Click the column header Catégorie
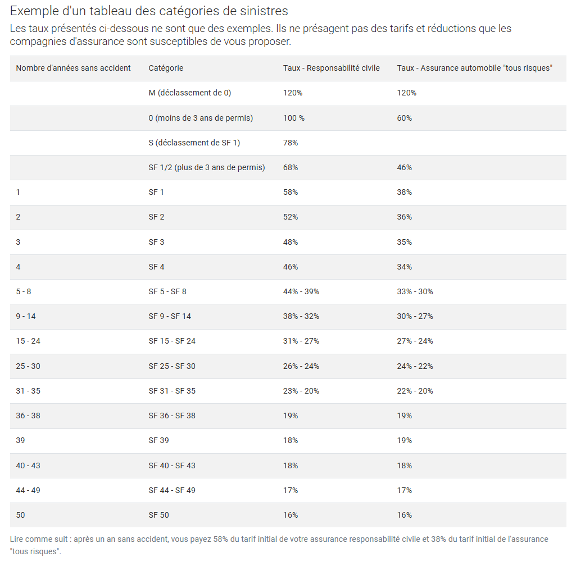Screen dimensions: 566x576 pos(166,68)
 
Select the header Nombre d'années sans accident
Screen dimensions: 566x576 pos(73,68)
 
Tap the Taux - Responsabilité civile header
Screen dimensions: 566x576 pos(331,68)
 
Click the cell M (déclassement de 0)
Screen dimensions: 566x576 pos(189,93)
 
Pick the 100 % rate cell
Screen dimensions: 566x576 pos(293,118)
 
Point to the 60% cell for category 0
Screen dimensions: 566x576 pos(404,118)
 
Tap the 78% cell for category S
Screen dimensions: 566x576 pos(290,143)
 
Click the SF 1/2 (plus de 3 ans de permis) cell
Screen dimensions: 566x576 pos(206,167)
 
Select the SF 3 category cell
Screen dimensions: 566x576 pos(156,242)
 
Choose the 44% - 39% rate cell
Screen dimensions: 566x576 pos(301,291)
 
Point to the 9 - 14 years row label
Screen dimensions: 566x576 pos(25,316)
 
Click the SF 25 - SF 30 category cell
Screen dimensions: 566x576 pos(172,366)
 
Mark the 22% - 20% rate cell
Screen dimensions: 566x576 pos(415,391)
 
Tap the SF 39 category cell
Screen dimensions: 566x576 pos(158,440)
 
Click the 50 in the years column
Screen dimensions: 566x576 pos(20,515)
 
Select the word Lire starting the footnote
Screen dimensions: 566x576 pos(17,539)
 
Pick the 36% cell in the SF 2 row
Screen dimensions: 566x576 pos(404,217)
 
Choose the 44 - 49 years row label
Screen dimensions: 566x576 pos(28,490)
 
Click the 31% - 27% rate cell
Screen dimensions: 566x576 pos(301,341)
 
